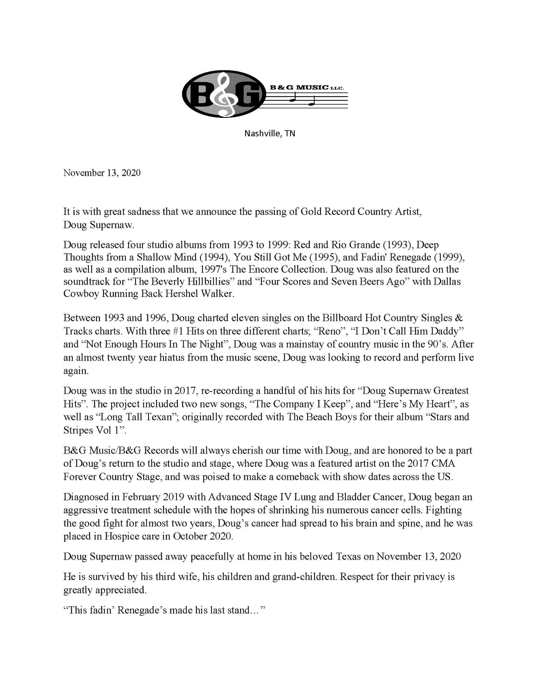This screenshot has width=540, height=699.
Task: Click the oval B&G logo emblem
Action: tap(224, 94)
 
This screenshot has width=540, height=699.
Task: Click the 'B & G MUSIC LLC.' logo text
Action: tap(306, 87)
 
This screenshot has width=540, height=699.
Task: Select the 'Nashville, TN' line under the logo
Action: tap(269, 134)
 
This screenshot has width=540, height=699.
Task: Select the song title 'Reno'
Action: tap(330, 331)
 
